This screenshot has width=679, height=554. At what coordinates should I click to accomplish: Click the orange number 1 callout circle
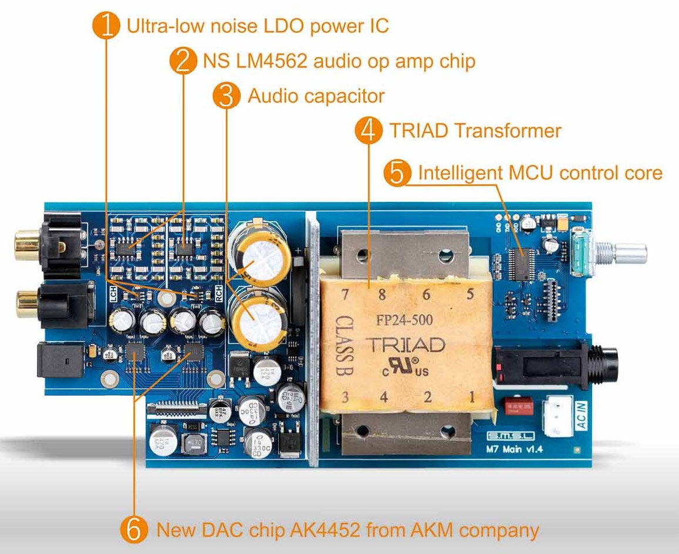pos(106,26)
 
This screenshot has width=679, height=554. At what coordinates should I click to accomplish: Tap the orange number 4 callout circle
pos(368,131)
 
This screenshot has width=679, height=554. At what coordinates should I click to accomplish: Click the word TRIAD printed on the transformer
pos(405,344)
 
